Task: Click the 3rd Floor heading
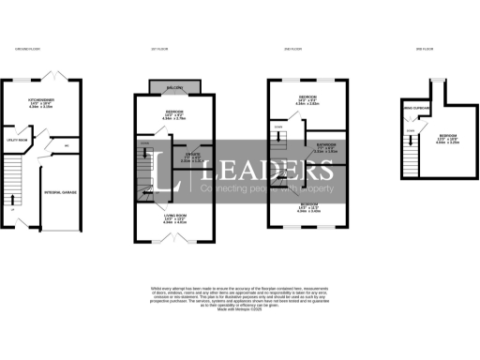[424, 49]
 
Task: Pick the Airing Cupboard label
[414, 110]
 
